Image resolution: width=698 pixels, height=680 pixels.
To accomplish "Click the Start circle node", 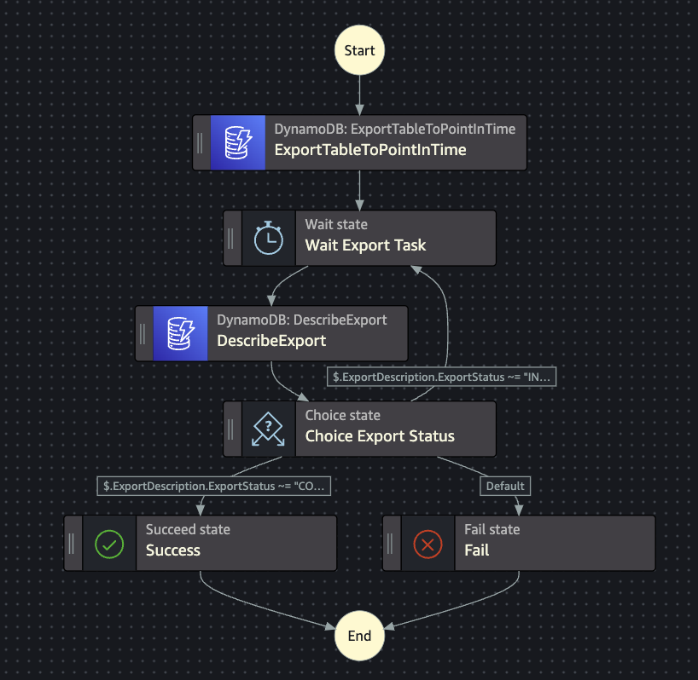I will [x=359, y=50].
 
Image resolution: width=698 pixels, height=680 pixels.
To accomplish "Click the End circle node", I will [x=359, y=636].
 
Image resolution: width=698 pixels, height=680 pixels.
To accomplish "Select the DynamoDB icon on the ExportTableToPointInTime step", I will [x=238, y=142].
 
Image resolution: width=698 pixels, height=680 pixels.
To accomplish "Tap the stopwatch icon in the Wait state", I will [x=269, y=238].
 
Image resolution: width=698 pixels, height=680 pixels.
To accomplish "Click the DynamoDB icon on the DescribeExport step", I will [x=181, y=333].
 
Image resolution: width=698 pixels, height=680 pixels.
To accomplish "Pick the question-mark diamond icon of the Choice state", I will [x=269, y=429].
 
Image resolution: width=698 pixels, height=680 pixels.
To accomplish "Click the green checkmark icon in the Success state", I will [x=109, y=543].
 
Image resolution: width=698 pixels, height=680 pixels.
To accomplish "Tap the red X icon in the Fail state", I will [x=428, y=543].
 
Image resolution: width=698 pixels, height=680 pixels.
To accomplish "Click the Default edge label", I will [x=505, y=487].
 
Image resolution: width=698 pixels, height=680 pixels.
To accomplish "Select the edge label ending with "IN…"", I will [x=441, y=377].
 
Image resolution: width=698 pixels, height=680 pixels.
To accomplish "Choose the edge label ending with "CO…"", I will [x=214, y=487].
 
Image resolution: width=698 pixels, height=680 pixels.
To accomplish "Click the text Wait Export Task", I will [x=365, y=245].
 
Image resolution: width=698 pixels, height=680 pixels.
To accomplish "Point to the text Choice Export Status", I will [x=380, y=436].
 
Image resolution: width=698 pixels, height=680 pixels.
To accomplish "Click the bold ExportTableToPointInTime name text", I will [x=370, y=150].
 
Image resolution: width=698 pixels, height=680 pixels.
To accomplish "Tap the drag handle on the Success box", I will [x=72, y=543].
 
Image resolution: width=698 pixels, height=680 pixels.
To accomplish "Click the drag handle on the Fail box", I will [x=390, y=543].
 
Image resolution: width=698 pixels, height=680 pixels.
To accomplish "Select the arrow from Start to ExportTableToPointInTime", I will [x=359, y=95].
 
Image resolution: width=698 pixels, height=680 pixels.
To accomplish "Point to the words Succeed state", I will [x=188, y=529].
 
